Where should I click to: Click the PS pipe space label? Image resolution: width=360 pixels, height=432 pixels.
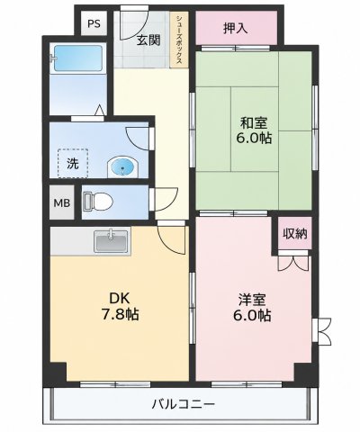pos(94,23)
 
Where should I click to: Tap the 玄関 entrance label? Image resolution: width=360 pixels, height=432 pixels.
pos(148,40)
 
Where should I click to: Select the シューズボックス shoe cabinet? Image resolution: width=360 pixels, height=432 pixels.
pos(179,39)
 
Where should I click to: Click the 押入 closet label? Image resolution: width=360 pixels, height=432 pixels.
pos(235,28)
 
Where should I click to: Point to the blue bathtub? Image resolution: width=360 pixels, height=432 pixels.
pos(78,58)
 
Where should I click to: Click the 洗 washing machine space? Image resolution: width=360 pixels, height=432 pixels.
pos(73,164)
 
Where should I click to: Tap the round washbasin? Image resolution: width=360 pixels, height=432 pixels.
pos(122,166)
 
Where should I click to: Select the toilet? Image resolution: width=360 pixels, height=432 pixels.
pos(98,201)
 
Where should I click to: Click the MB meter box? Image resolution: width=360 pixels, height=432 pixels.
pos(62,203)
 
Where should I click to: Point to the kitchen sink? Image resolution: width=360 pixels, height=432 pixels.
pos(112,241)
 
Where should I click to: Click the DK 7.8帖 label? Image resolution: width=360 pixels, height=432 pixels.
pos(120,306)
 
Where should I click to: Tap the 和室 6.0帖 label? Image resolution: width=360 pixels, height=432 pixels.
pos(254,130)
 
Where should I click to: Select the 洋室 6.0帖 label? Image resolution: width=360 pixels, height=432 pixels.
pos(252,308)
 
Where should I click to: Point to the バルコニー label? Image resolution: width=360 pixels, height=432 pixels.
pos(184,404)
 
